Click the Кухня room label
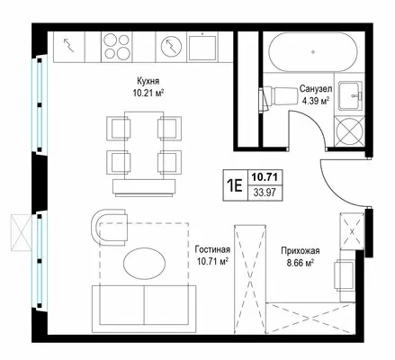tap(148, 81)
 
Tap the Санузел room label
tap(316, 89)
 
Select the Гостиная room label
tap(212, 249)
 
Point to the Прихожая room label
tap(301, 250)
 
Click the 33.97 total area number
tap(265, 193)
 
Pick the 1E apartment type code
tap(235, 185)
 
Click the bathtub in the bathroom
tap(313, 52)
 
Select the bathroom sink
tap(350, 95)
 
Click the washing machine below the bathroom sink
tap(349, 131)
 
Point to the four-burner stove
tap(118, 47)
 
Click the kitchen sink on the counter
tap(202, 48)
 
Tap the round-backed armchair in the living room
tap(110, 227)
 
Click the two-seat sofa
tap(144, 309)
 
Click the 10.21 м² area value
tap(148, 93)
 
